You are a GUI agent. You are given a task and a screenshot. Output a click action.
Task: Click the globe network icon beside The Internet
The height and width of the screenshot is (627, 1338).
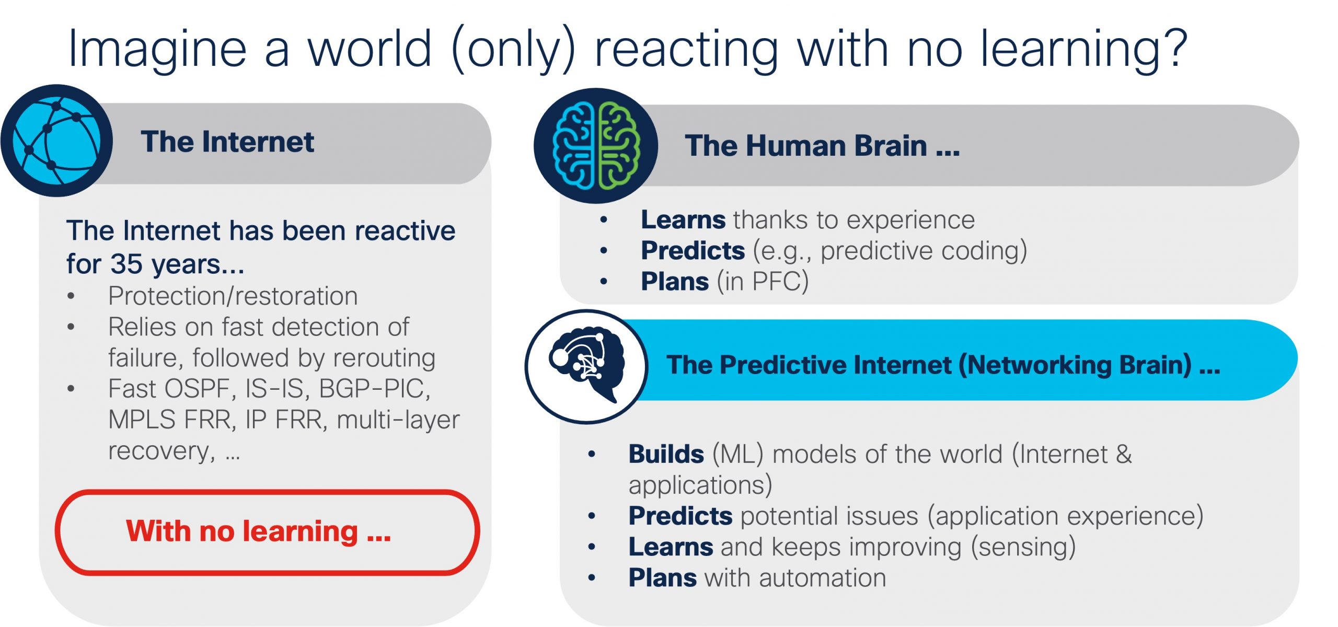[56, 141]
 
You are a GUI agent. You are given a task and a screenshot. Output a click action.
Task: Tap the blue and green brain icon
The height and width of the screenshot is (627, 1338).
[596, 145]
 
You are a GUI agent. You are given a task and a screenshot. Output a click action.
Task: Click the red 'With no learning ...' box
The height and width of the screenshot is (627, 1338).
[267, 532]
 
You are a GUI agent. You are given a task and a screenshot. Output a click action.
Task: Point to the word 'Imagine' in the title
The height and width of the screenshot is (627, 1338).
[157, 50]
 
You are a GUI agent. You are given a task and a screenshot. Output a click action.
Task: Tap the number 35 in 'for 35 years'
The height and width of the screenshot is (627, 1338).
[126, 263]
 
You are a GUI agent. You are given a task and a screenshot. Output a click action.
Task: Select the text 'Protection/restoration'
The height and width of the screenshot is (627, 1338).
[233, 296]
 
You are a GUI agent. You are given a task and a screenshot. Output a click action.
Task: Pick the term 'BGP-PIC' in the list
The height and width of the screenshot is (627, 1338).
[373, 389]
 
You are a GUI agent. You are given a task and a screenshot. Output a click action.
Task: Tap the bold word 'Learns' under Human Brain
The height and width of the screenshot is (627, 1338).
[683, 219]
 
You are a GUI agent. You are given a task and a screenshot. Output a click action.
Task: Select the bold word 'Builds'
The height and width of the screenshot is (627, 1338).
[666, 454]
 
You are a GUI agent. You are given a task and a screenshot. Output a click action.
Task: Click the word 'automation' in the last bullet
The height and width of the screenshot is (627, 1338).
[822, 578]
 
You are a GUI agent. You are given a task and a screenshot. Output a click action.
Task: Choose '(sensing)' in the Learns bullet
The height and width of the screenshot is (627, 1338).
[1023, 547]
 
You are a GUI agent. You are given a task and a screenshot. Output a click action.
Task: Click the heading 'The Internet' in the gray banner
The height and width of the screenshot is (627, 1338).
[227, 142]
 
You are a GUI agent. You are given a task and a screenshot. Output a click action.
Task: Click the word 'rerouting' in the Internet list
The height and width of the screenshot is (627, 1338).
[384, 358]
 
